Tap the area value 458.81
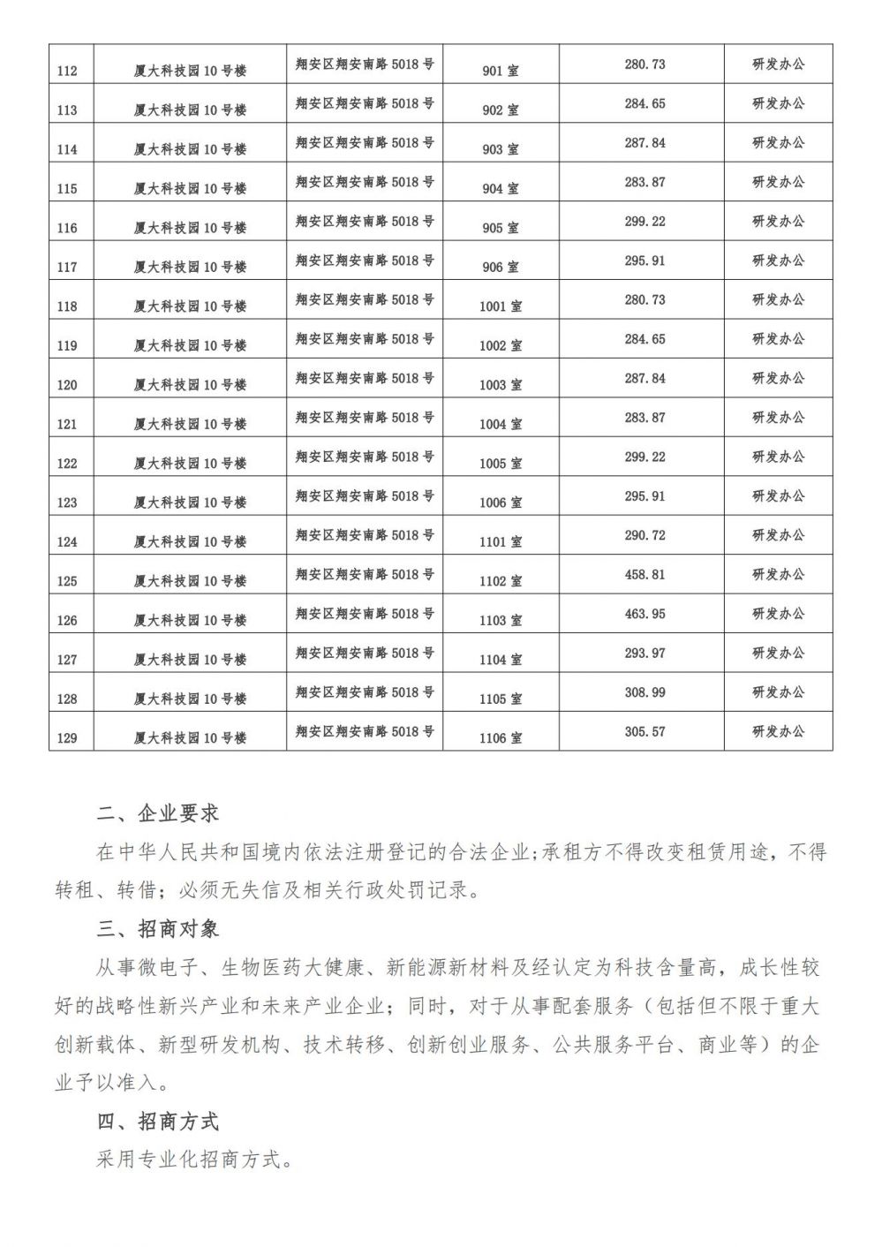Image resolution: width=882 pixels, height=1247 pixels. click(645, 575)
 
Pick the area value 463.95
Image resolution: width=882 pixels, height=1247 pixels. click(645, 614)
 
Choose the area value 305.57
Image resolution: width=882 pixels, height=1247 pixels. click(645, 731)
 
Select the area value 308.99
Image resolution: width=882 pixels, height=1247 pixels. click(645, 692)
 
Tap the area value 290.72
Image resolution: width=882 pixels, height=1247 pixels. click(645, 535)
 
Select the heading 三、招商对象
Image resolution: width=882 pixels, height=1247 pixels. click(158, 929)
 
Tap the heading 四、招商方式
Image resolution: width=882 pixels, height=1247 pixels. click(158, 1122)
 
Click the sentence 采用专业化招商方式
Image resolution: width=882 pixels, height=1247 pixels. click(194, 1160)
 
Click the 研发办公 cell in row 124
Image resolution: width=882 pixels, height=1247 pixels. click(778, 535)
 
